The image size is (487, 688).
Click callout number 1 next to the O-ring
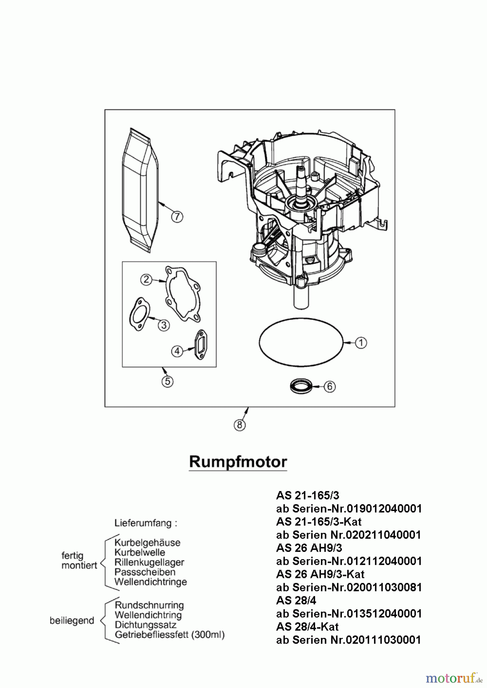coord(361,343)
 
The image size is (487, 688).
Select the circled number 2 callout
coord(146,279)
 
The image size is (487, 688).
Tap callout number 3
coord(164,325)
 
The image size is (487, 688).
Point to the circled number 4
coord(177,351)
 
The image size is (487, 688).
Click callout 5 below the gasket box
coord(167,381)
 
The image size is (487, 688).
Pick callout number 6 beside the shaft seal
coord(330,386)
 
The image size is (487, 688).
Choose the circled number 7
coord(176,217)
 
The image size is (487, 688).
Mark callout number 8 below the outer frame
coord(240,425)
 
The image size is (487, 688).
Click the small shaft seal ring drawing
coord(301,386)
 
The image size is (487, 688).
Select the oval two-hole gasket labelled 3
coord(138,314)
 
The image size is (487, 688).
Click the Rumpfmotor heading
coord(238,462)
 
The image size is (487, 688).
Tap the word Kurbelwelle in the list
coord(140,552)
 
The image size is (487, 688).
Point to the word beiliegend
coord(72,621)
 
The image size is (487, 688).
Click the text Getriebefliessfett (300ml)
coord(170,635)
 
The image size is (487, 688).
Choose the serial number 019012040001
coord(384,509)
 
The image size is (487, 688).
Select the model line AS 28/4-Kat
coord(307,626)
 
